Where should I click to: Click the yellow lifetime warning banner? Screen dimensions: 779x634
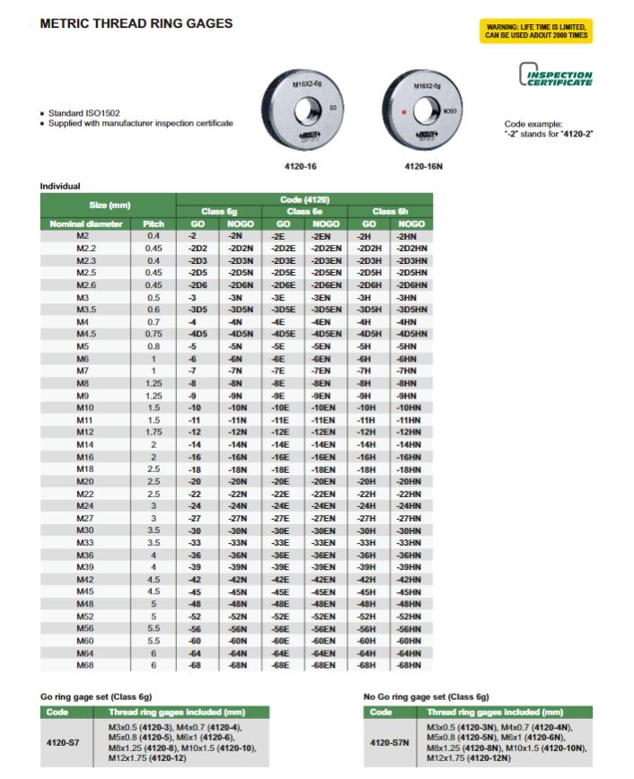pyautogui.click(x=537, y=31)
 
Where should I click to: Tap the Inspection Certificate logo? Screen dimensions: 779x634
pyautogui.click(x=557, y=78)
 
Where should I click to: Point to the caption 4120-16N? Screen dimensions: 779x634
pyautogui.click(x=421, y=167)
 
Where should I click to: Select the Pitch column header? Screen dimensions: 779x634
pyautogui.click(x=154, y=223)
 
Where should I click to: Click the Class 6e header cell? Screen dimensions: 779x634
pyautogui.click(x=304, y=211)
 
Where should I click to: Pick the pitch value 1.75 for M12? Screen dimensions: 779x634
pyautogui.click(x=154, y=431)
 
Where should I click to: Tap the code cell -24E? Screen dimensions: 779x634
pyautogui.click(x=283, y=507)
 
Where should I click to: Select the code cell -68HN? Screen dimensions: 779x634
pyautogui.click(x=411, y=665)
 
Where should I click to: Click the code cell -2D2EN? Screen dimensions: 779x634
pyautogui.click(x=325, y=248)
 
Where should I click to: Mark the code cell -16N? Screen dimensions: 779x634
pyautogui.click(x=239, y=456)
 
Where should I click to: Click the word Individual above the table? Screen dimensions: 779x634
pyautogui.click(x=60, y=187)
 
